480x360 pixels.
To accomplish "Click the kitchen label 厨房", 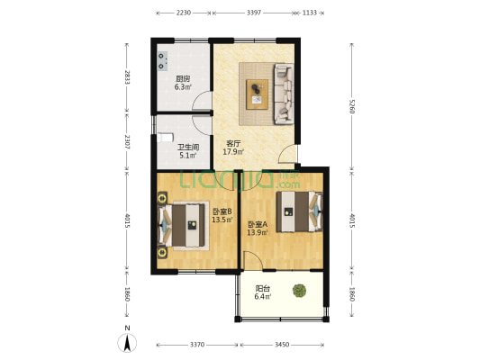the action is pyautogui.click(x=183, y=78).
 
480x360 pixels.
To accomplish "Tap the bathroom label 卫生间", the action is pyautogui.click(x=188, y=148).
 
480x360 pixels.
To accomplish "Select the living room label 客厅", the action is pyautogui.click(x=233, y=143).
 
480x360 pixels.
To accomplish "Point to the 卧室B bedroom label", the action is pyautogui.click(x=222, y=211).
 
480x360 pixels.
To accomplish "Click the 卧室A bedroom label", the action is pyautogui.click(x=258, y=224).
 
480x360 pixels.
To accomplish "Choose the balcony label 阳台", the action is pyautogui.click(x=263, y=288).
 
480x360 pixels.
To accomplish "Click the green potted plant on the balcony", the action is pyautogui.click(x=299, y=291).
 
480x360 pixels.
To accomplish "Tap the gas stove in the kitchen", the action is pyautogui.click(x=162, y=61).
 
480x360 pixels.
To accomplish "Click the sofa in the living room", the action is pyautogui.click(x=284, y=94).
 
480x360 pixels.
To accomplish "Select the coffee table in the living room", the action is pyautogui.click(x=258, y=94).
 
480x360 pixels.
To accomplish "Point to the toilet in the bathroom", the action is pyautogui.click(x=165, y=138).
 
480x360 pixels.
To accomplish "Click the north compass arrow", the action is pyautogui.click(x=127, y=343).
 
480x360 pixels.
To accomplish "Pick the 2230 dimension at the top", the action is pyautogui.click(x=184, y=13).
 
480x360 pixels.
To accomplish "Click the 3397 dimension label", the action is pyautogui.click(x=254, y=13).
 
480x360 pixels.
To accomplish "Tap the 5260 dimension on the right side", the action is pyautogui.click(x=352, y=106).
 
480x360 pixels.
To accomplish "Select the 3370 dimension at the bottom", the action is pyautogui.click(x=197, y=345).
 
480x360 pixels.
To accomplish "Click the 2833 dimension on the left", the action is pyautogui.click(x=127, y=77).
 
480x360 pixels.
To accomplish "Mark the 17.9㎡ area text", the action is pyautogui.click(x=233, y=152).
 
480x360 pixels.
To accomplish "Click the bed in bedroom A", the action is pyautogui.click(x=299, y=211).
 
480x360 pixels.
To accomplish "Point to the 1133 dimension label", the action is pyautogui.click(x=310, y=13).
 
